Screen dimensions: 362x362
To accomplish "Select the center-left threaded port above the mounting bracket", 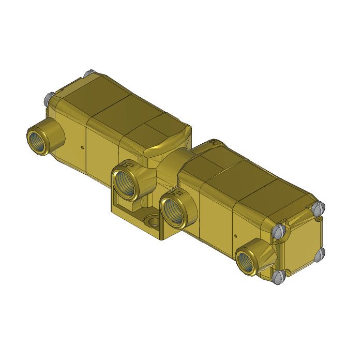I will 126,180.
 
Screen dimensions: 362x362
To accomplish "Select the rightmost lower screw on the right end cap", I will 320,253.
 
